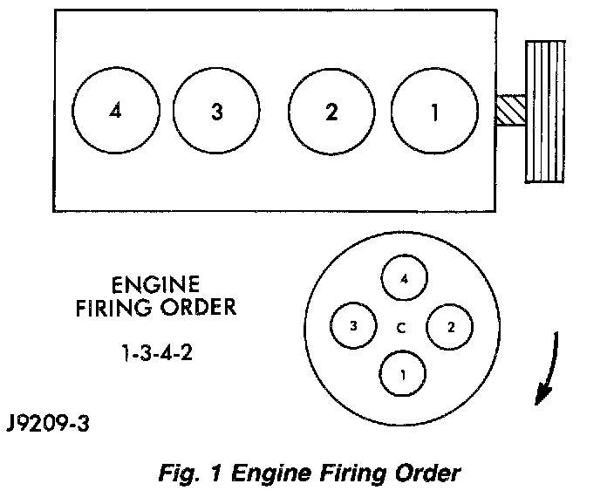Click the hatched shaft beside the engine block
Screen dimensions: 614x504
(511, 110)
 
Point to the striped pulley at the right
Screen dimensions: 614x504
(545, 112)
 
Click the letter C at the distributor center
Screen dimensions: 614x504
(401, 328)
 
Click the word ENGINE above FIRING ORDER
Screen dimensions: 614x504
(156, 285)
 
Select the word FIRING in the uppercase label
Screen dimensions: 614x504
(113, 308)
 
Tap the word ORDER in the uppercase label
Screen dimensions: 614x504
(199, 307)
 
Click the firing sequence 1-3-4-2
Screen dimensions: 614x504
(157, 352)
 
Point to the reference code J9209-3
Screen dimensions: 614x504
(48, 424)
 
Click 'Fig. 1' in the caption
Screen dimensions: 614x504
(190, 473)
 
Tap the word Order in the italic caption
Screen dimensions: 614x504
(427, 473)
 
